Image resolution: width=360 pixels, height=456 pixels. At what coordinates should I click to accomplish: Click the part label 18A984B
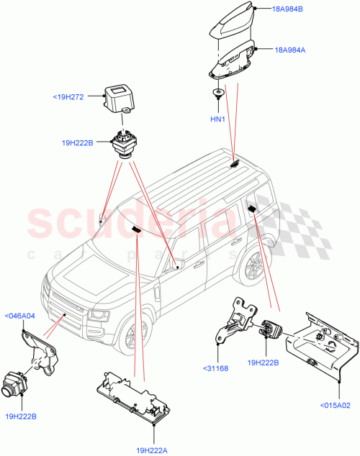(289, 9)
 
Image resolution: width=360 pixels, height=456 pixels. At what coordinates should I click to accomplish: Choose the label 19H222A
(156, 447)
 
